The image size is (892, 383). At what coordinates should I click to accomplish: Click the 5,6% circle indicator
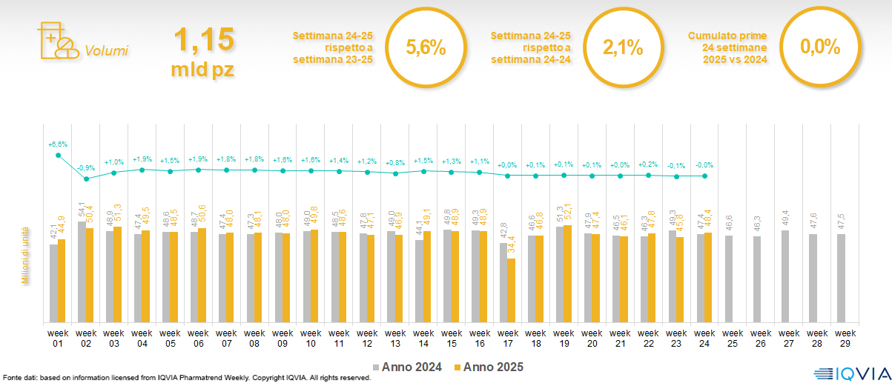click(426, 48)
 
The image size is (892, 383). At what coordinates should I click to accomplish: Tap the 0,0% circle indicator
click(820, 48)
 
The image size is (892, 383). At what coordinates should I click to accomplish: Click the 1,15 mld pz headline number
click(204, 50)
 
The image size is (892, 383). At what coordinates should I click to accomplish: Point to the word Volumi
click(106, 51)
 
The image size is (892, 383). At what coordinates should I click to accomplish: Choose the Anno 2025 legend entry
click(489, 367)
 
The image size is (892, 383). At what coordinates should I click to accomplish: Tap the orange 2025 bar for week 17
click(512, 290)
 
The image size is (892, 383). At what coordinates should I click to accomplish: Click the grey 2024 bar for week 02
click(82, 271)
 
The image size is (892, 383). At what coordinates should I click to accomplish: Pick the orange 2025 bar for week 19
click(568, 273)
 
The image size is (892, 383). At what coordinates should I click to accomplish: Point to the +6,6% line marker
click(58, 155)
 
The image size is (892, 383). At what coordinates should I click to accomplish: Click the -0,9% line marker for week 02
click(86, 179)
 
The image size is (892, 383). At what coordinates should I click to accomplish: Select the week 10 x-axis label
click(311, 338)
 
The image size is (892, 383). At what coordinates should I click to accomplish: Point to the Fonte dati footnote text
click(185, 378)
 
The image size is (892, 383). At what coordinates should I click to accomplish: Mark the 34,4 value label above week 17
click(512, 246)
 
